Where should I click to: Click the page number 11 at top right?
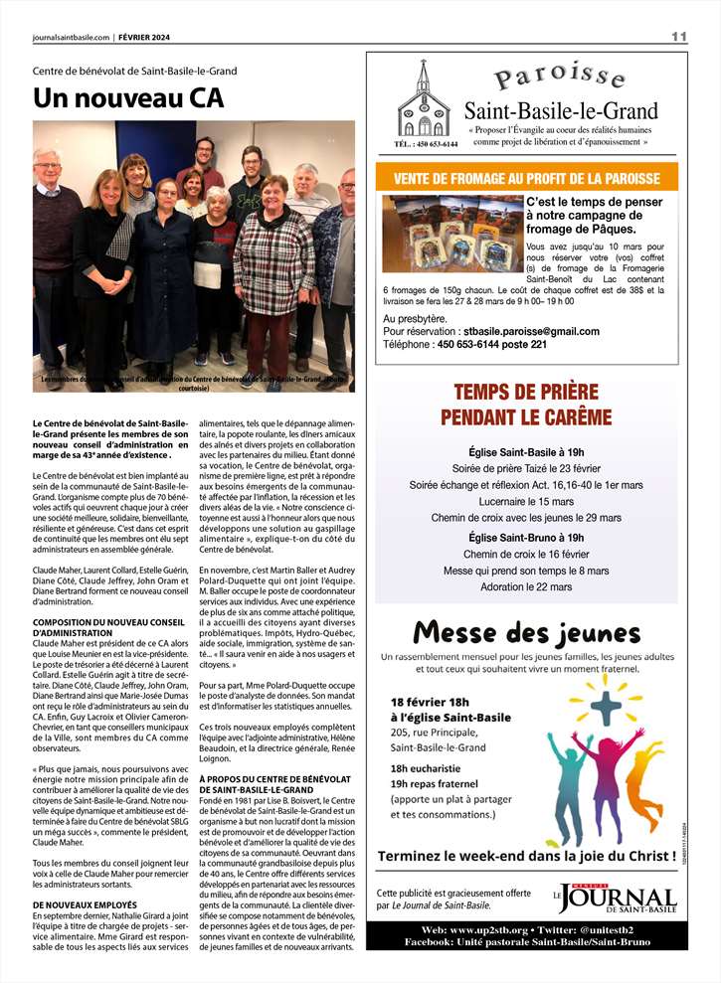tap(679, 37)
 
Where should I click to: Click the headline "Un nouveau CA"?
tap(128, 98)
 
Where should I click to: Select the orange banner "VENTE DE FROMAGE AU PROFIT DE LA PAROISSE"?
tap(526, 178)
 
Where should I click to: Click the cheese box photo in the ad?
tap(452, 233)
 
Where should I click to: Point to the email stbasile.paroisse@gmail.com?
tap(531, 331)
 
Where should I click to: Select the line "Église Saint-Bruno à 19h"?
tap(526, 538)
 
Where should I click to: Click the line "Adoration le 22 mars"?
tap(526, 586)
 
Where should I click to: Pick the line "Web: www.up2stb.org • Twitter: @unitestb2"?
tap(526, 927)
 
